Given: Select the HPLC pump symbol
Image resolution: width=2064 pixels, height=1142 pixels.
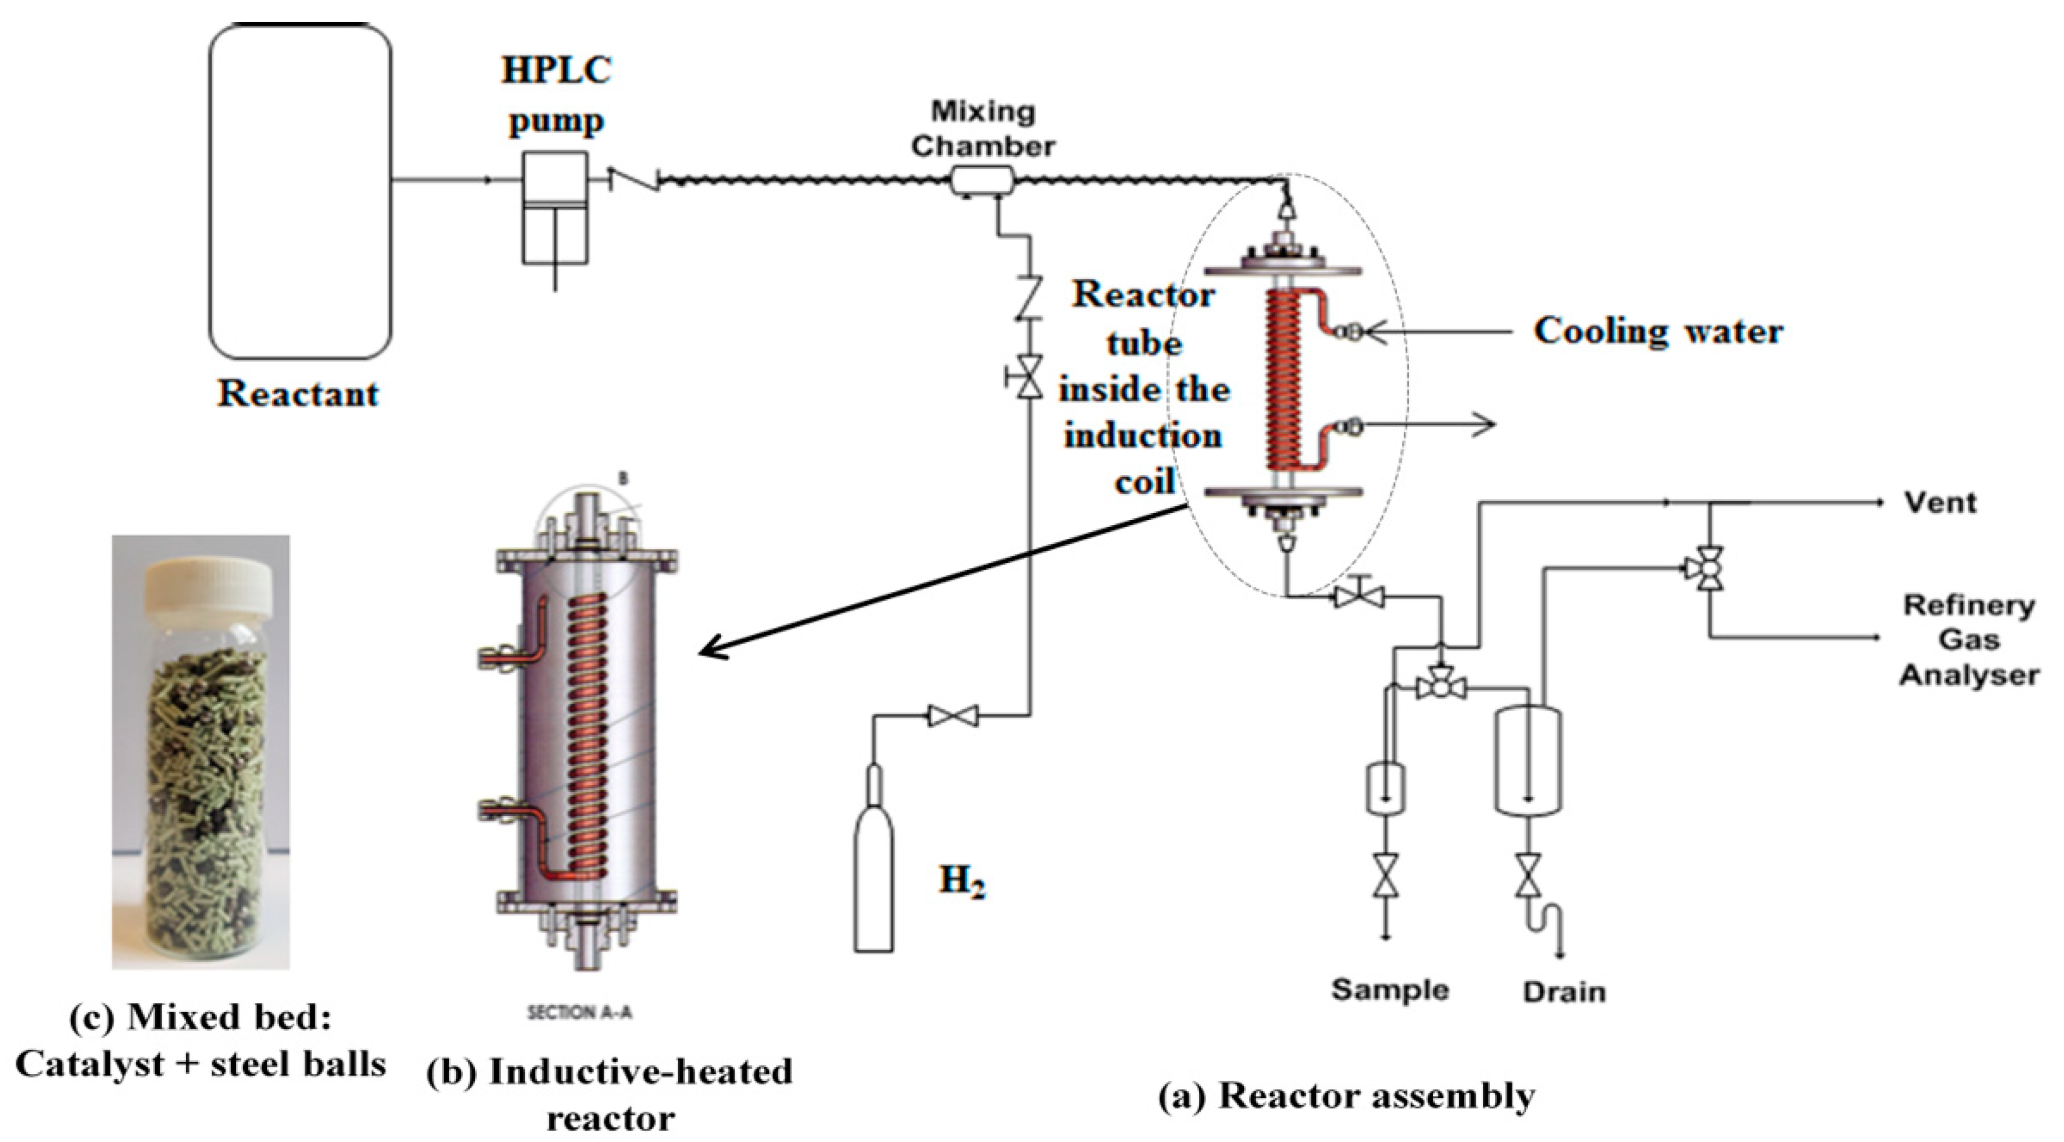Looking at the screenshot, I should coord(554,208).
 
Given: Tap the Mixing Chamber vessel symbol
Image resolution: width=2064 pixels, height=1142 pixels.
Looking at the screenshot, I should coord(982,180).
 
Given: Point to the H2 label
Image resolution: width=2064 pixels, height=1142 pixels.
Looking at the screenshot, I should coord(961,881).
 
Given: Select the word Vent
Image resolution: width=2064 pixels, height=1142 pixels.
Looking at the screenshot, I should coord(1940,503).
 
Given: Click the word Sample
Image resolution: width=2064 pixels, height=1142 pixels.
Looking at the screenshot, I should coord(1390,990).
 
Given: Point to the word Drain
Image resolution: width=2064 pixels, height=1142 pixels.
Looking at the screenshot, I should coord(1563,992).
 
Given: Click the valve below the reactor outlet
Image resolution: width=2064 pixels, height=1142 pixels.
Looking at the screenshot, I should coord(1359,596).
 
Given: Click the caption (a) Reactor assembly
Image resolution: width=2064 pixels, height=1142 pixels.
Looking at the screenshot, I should coord(1347,1097).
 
